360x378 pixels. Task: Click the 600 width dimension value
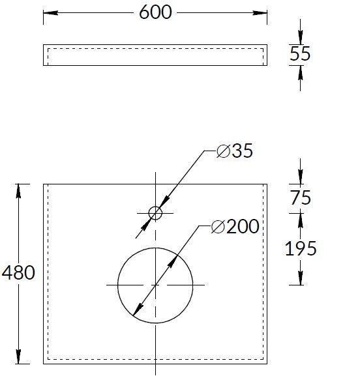click(155, 12)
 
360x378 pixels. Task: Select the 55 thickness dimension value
click(300, 53)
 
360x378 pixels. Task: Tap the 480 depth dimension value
click(18, 272)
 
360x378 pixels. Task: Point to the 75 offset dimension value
click(301, 197)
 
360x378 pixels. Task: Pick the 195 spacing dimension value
click(301, 248)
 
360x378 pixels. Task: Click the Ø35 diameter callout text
click(235, 151)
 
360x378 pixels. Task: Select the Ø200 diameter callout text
click(235, 226)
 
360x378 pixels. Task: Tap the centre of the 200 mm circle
click(155, 285)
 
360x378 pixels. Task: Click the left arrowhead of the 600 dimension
click(51, 13)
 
